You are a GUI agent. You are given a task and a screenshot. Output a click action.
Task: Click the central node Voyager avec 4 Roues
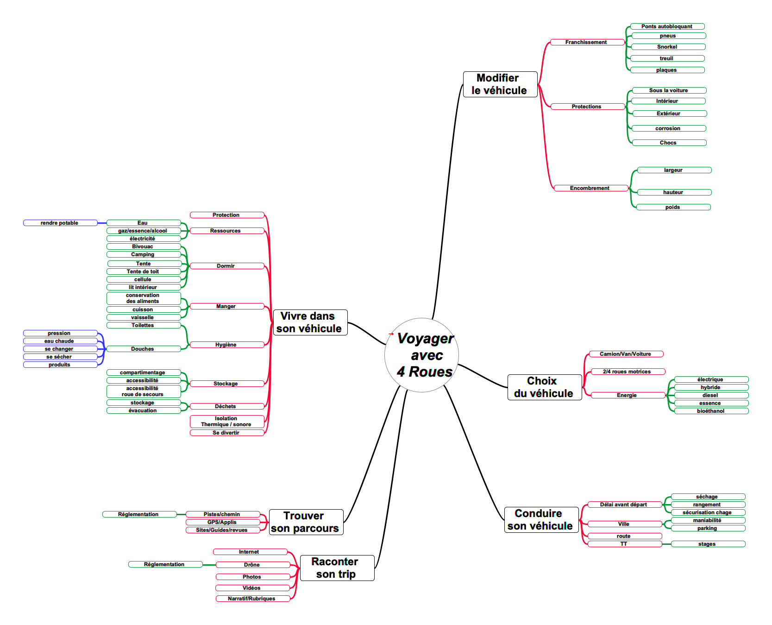421,355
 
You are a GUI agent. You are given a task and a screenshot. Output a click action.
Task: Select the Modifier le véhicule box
500,84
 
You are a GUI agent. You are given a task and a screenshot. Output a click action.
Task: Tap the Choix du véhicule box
545,387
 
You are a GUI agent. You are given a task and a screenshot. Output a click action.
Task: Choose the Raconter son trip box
337,568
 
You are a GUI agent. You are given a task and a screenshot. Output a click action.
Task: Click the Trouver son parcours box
306,522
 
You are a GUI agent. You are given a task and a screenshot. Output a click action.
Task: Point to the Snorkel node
668,47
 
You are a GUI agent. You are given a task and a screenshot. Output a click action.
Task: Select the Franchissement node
587,42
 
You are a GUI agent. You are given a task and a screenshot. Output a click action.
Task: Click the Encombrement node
591,188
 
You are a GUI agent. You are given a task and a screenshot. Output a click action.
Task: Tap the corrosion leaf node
669,128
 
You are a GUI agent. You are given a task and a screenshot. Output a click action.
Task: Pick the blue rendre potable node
60,223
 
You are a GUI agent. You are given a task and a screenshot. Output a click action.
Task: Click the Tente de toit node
144,271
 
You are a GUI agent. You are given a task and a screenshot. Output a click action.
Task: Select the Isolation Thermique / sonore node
227,422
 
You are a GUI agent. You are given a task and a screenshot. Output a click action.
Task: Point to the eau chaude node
60,341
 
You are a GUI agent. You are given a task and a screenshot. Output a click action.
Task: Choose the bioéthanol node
711,411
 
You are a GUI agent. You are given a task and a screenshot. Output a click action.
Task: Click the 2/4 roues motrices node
628,372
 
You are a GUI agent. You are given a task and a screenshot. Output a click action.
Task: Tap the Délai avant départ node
625,505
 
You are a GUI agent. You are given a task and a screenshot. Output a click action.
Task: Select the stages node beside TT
708,544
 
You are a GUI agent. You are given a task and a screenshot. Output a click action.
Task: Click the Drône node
253,565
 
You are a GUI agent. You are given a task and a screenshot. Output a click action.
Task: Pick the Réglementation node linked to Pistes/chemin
139,514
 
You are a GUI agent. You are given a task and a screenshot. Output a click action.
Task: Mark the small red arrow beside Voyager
391,334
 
